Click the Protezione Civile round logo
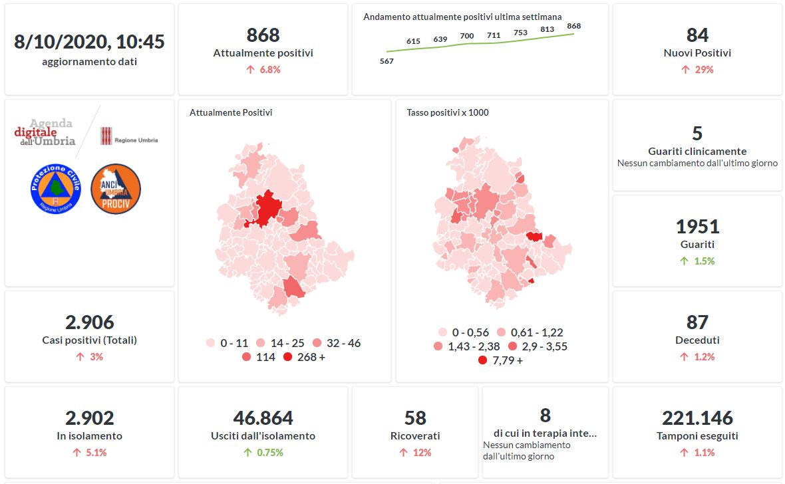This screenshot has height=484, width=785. (x=55, y=188)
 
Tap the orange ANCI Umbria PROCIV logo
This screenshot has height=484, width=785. (x=115, y=188)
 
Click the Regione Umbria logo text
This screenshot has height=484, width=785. (x=136, y=140)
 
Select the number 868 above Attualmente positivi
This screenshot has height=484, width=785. (x=263, y=35)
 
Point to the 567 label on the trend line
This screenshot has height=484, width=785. (x=387, y=61)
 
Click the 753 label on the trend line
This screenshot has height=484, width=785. (x=520, y=33)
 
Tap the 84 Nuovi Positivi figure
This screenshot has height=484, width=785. (x=697, y=35)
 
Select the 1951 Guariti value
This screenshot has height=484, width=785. (x=697, y=227)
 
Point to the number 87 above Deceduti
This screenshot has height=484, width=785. (x=697, y=322)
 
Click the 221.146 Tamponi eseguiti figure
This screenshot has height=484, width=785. (x=697, y=418)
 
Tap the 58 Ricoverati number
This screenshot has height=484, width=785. (x=415, y=418)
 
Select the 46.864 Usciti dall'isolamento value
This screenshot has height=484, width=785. (x=263, y=418)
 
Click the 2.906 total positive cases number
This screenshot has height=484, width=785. (x=90, y=322)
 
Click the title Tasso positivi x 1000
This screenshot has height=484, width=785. (x=448, y=113)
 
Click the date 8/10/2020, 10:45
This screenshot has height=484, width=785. (x=90, y=42)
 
